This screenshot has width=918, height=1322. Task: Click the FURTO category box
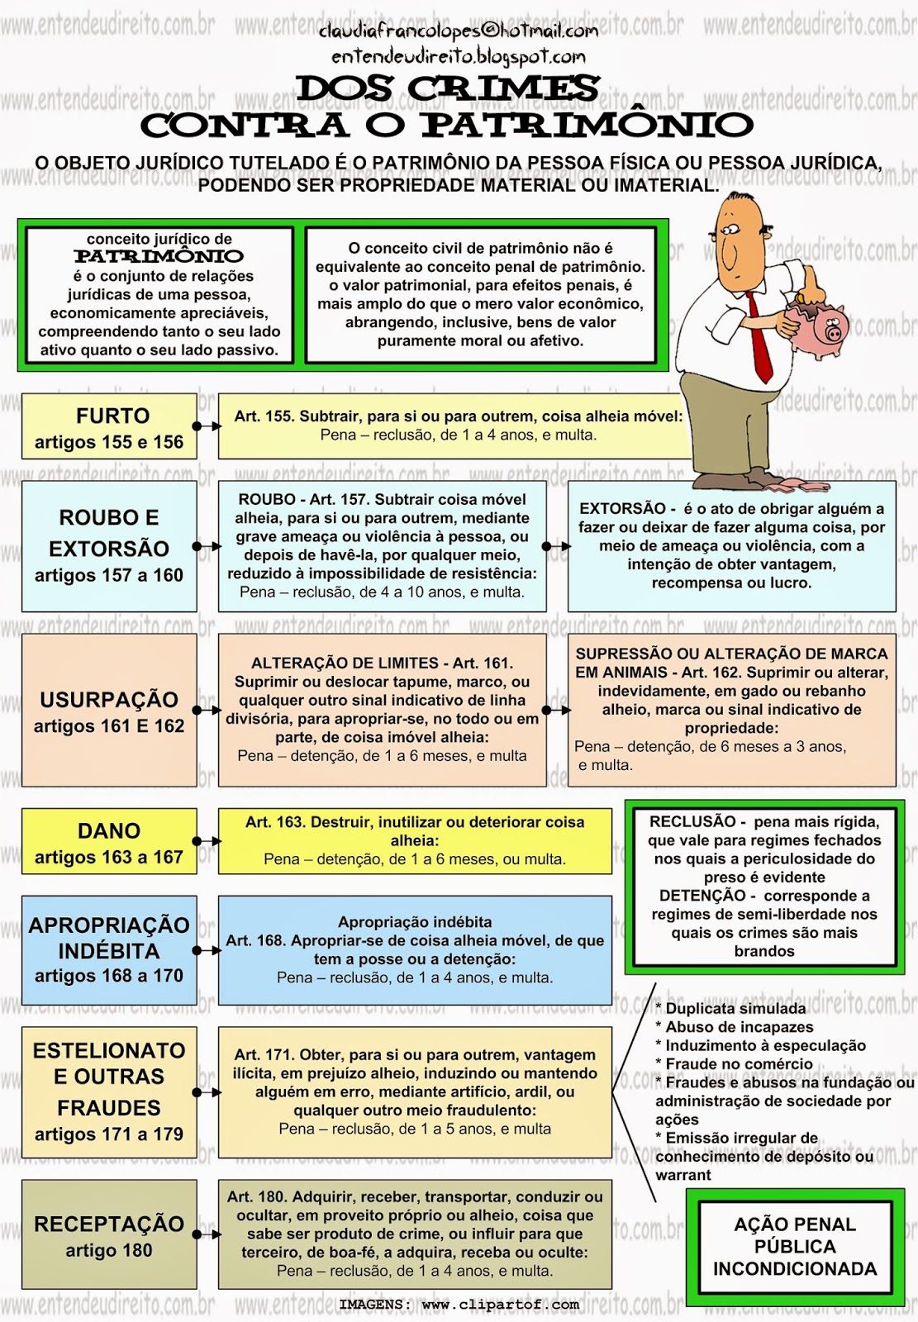pyautogui.click(x=109, y=427)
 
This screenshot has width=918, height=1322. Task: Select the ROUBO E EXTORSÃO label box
pyautogui.click(x=109, y=546)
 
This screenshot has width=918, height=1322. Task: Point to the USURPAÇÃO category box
pyautogui.click(x=109, y=711)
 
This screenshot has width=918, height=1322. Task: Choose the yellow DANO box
pyautogui.click(x=109, y=842)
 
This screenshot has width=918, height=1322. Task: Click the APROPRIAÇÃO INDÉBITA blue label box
pyautogui.click(x=109, y=949)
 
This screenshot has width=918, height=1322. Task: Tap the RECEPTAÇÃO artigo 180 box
pyautogui.click(x=109, y=1235)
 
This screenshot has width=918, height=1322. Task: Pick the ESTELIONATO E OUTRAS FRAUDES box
pyautogui.click(x=109, y=1091)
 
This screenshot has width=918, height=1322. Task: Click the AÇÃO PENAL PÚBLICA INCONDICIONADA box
pyautogui.click(x=794, y=1246)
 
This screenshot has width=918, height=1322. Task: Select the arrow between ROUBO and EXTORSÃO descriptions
pyautogui.click(x=556, y=546)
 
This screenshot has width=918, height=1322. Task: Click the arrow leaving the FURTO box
pyautogui.click(x=207, y=426)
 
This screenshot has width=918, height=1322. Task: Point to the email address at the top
pyautogui.click(x=459, y=31)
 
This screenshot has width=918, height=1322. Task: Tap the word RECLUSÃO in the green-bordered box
pyautogui.click(x=692, y=822)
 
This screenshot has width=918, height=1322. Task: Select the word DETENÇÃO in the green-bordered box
pyautogui.click(x=702, y=896)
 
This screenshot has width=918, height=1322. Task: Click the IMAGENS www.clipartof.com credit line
pyautogui.click(x=459, y=1305)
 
